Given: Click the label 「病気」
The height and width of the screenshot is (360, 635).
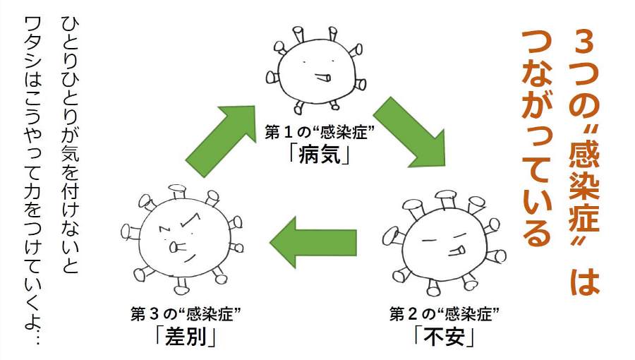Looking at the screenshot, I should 320,153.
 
